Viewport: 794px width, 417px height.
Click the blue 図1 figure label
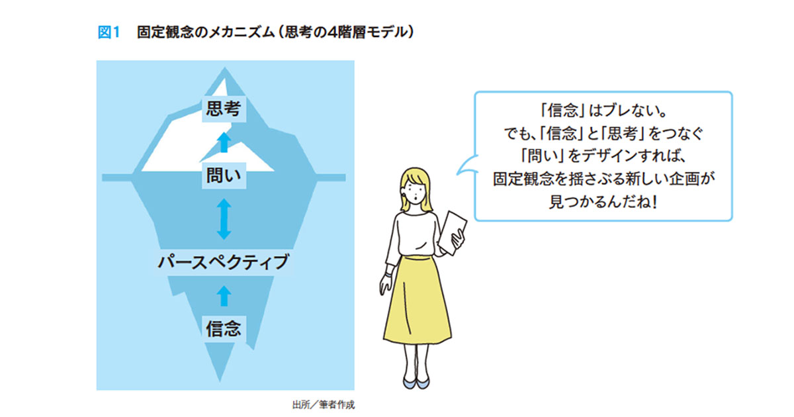(109, 32)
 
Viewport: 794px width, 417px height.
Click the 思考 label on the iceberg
(224, 109)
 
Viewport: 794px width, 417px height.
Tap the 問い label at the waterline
(224, 175)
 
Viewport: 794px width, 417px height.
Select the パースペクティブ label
(224, 262)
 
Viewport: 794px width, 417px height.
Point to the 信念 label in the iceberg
(224, 329)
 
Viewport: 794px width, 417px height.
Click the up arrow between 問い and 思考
(224, 142)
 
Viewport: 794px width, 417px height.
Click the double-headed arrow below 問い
(224, 219)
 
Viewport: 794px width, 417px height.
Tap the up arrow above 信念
(224, 296)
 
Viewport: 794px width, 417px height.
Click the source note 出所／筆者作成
(324, 404)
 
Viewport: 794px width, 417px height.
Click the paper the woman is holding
(453, 232)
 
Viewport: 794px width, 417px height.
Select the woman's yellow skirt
(417, 300)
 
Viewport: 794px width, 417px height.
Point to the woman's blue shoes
(416, 383)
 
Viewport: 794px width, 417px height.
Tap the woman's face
(415, 192)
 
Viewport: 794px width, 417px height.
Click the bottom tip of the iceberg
(220, 381)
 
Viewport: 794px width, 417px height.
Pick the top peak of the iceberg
(224, 68)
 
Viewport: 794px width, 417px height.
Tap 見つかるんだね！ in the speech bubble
(603, 202)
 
